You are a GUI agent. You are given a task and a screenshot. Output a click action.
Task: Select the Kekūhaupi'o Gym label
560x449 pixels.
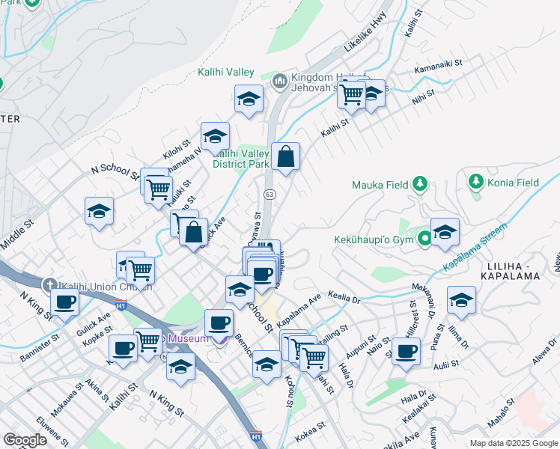(x=374, y=240)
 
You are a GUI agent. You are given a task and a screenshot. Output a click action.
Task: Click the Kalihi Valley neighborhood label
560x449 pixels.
(x=225, y=73)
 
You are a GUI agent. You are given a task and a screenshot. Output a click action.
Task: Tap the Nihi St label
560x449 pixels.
(x=423, y=96)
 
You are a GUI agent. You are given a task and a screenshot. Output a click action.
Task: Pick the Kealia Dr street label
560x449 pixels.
(x=344, y=299)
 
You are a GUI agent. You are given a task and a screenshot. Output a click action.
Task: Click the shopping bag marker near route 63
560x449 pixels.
(x=286, y=157)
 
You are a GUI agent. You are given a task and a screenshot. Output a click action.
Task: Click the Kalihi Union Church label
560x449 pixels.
(x=106, y=286)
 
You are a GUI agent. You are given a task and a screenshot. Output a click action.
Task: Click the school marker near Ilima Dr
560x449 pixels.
(x=460, y=299)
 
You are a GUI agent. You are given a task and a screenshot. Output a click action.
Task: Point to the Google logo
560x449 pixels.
(x=25, y=440)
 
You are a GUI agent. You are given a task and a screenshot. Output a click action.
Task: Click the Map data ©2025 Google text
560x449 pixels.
(x=513, y=443)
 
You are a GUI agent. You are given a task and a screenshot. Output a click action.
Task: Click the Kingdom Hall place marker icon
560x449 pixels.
(x=280, y=79)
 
